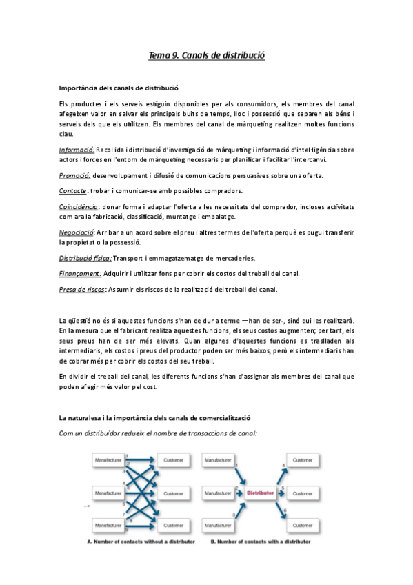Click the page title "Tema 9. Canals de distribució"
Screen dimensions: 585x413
coord(207,54)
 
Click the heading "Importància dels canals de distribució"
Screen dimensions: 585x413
coord(119,88)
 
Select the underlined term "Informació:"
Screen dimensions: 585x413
coord(77,149)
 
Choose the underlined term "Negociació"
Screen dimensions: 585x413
coord(76,232)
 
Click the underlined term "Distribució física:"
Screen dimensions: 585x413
coord(85,258)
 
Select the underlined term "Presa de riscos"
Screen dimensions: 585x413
coord(82,289)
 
